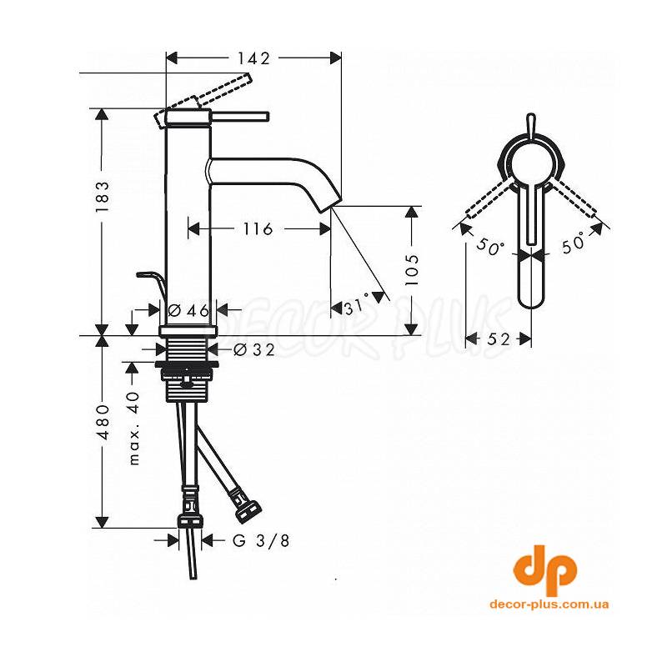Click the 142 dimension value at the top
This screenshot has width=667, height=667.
pyautogui.click(x=253, y=58)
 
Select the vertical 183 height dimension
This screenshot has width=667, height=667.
pyautogui.click(x=103, y=197)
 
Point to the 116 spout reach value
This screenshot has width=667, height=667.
pyautogui.click(x=258, y=228)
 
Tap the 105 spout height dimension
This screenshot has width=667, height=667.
pyautogui.click(x=411, y=270)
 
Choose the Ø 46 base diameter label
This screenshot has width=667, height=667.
pyautogui.click(x=188, y=310)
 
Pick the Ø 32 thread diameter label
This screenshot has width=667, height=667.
pyautogui.click(x=254, y=349)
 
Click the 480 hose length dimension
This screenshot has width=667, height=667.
pyautogui.click(x=103, y=422)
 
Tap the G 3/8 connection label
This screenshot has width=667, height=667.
pyautogui.click(x=261, y=540)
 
